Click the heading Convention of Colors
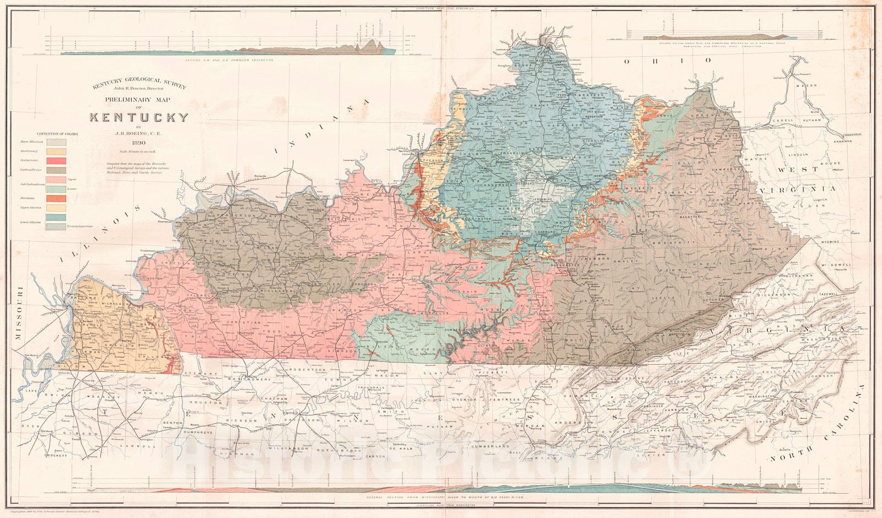[58, 133]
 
